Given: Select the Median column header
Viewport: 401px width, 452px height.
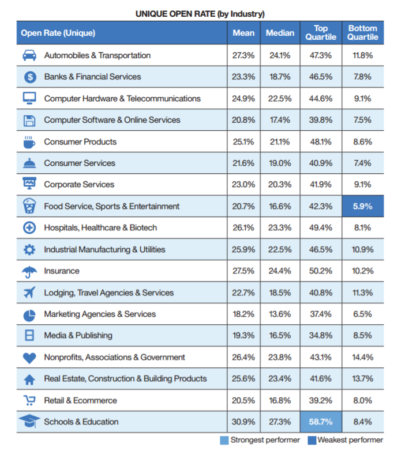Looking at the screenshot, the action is click(x=280, y=33).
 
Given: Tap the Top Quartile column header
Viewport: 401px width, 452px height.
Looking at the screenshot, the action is click(x=321, y=33).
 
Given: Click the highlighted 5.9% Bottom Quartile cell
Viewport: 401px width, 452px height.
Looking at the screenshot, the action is click(x=363, y=206).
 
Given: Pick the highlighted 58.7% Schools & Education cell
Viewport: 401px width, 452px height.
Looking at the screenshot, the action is click(x=321, y=421).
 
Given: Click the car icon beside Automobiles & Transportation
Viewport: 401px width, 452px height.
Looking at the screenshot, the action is click(x=29, y=55).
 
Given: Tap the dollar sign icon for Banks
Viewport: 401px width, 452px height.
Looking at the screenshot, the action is click(x=30, y=77).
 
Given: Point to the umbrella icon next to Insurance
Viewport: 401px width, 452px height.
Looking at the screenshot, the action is click(x=29, y=272).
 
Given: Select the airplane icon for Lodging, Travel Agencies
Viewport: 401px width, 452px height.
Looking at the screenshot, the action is click(x=29, y=293).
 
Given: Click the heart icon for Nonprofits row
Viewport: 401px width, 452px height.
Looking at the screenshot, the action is click(x=29, y=358).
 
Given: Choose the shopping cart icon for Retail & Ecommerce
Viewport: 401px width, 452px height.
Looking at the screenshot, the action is click(x=29, y=400).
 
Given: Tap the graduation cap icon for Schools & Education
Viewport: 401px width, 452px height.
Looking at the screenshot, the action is click(x=29, y=421).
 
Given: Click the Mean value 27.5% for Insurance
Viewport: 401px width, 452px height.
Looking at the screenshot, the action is click(x=243, y=271).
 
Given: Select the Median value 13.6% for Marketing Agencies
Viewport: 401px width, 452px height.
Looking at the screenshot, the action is click(x=280, y=314).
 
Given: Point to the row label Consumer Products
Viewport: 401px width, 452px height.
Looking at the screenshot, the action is click(x=80, y=142).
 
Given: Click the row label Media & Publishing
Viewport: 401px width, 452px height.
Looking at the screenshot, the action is click(x=78, y=336).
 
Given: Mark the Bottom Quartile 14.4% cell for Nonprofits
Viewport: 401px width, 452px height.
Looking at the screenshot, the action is click(x=362, y=357).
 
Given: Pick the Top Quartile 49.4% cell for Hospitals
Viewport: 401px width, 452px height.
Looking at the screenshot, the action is click(x=321, y=228).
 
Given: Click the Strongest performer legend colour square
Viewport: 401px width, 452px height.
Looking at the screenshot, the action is click(x=224, y=440).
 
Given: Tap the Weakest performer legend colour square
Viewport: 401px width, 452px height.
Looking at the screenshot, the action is click(x=312, y=440).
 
